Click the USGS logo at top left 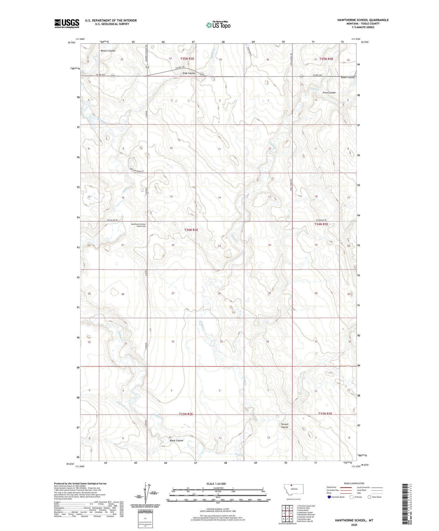pyautogui.click(x=67, y=23)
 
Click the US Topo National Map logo pyautogui.click(x=218, y=25)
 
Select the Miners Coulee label pyautogui.click(x=108, y=51)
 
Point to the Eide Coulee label pyautogui.click(x=189, y=73)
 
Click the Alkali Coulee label pyautogui.click(x=348, y=77)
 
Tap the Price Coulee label pyautogui.click(x=329, y=93)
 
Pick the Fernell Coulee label pyautogui.click(x=284, y=426)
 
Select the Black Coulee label pyautogui.click(x=176, y=440)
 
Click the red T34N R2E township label pyautogui.click(x=191, y=230)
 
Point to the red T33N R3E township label pyautogui.click(x=325, y=414)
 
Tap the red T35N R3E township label pyautogui.click(x=326, y=59)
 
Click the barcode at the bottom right pyautogui.click(x=405, y=503)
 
